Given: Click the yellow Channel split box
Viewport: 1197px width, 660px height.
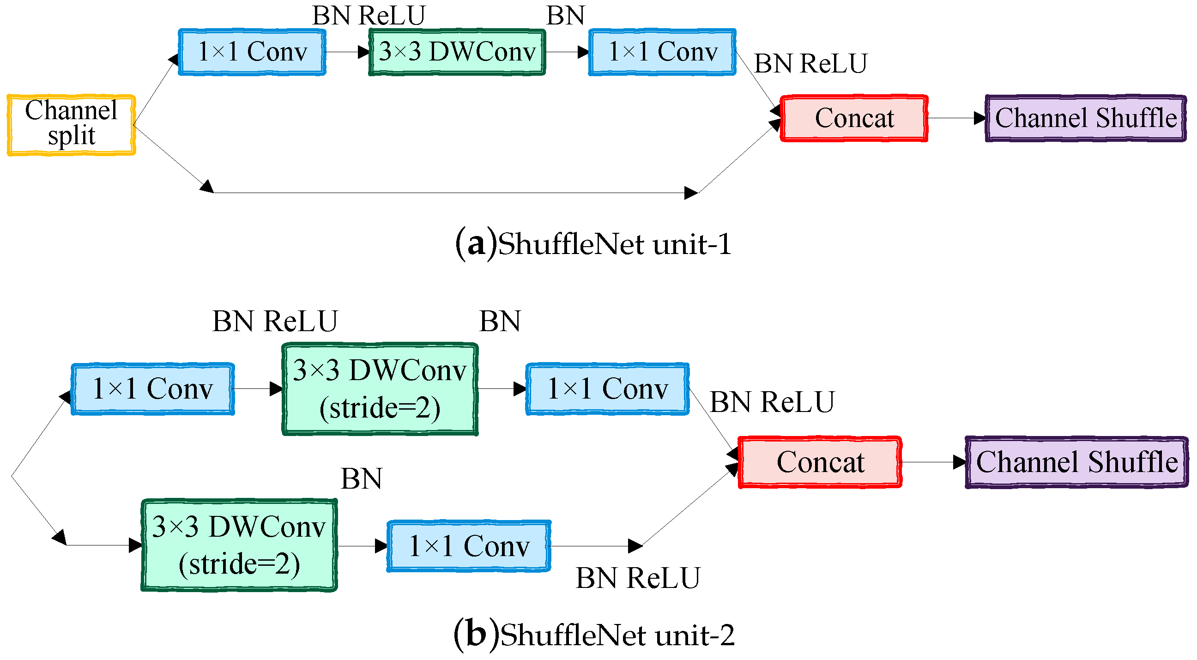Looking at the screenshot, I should pyautogui.click(x=71, y=125).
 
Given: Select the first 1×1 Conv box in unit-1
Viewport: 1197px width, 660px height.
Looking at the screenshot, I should pyautogui.click(x=252, y=52).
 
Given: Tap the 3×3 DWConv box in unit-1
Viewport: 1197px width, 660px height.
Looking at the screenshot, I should pyautogui.click(x=457, y=52).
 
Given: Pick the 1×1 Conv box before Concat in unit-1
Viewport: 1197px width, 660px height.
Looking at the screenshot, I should pyautogui.click(x=662, y=52).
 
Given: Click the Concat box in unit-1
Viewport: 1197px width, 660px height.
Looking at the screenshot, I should pyautogui.click(x=853, y=118).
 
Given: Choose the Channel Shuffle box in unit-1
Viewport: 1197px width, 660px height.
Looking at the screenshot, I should pyautogui.click(x=1085, y=118).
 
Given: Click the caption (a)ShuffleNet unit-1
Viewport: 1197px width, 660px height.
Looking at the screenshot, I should pyautogui.click(x=593, y=243).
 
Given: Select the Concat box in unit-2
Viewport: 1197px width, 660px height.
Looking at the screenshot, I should pyautogui.click(x=820, y=462).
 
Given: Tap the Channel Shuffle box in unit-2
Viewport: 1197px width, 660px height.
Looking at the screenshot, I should pyautogui.click(x=1076, y=462).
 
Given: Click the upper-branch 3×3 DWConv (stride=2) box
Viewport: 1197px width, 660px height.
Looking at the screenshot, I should pyautogui.click(x=380, y=389).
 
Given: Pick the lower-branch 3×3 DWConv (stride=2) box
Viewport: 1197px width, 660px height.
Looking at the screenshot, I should pyautogui.click(x=239, y=545).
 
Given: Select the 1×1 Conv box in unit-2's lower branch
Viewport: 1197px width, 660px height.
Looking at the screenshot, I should pyautogui.click(x=468, y=545).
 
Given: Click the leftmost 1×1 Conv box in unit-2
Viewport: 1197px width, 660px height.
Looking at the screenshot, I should pyautogui.click(x=152, y=388).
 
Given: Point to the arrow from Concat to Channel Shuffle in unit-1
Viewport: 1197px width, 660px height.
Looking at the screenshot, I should pyautogui.click(x=956, y=118).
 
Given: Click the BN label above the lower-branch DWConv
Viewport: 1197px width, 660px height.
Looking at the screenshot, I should pyautogui.click(x=361, y=478).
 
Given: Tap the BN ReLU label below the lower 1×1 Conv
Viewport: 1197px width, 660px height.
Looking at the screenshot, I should pyautogui.click(x=637, y=578).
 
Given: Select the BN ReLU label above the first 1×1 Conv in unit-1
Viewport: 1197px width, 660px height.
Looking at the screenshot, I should pyautogui.click(x=368, y=15).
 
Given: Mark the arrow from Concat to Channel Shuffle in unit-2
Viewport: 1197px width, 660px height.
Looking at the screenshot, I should pyautogui.click(x=933, y=462).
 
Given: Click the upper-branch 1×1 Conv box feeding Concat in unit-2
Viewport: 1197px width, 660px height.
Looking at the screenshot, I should pyautogui.click(x=607, y=388).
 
